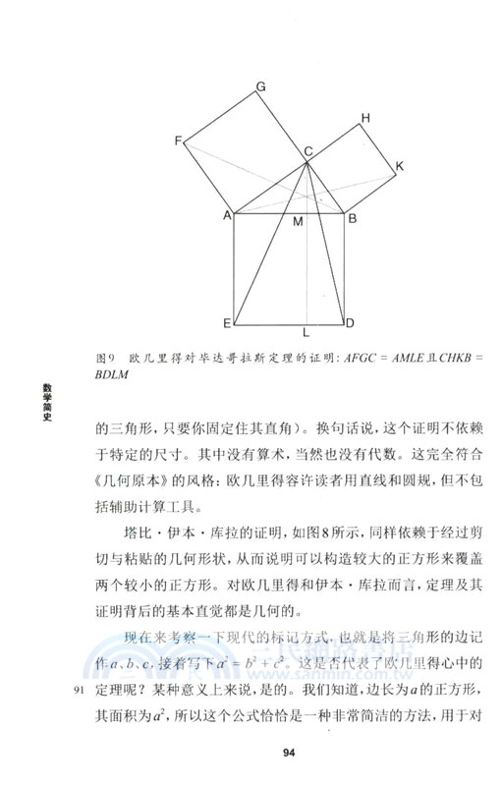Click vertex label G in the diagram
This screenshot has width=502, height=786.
click(261, 87)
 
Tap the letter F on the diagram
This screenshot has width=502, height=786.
click(179, 141)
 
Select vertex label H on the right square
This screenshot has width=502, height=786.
click(364, 119)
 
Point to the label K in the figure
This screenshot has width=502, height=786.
click(400, 167)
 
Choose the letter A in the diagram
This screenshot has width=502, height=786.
click(226, 214)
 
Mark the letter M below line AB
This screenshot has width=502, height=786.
click(298, 223)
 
